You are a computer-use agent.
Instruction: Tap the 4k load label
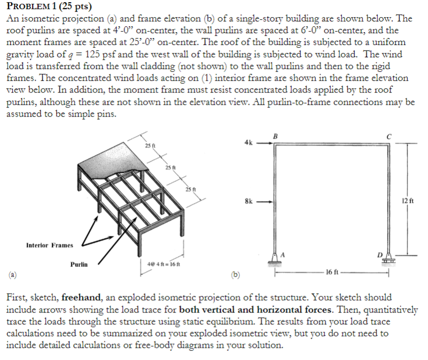click(x=247, y=143)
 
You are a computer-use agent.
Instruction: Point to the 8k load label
click(x=247, y=202)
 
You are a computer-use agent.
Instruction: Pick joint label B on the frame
click(x=275, y=136)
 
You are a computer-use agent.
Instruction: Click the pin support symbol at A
click(x=275, y=259)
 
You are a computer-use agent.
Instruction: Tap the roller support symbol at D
click(x=389, y=259)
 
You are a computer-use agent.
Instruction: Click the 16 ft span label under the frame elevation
click(x=332, y=272)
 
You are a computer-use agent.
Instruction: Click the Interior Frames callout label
click(x=50, y=245)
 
